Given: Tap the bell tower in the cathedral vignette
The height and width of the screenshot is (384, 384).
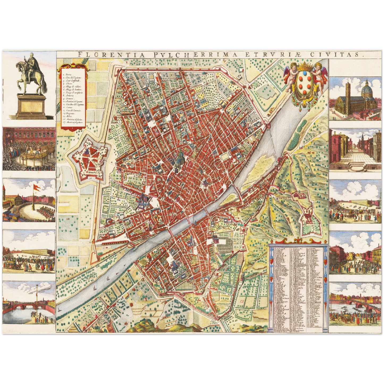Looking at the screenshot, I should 348,92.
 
